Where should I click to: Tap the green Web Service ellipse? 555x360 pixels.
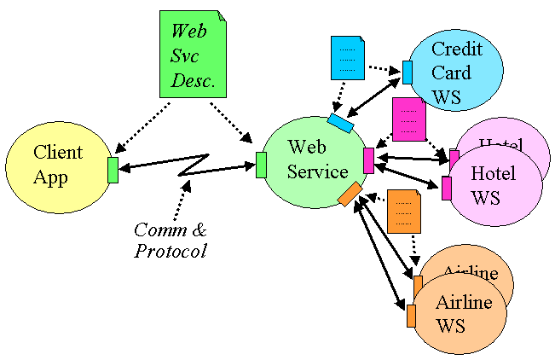coord(315,162)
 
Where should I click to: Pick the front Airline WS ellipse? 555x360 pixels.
coord(460,314)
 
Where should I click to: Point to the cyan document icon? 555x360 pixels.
coord(347,58)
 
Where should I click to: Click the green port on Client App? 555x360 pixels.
coord(113,170)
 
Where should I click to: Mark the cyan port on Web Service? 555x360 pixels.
coord(340,124)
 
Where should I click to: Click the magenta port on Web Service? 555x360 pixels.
coord(368,160)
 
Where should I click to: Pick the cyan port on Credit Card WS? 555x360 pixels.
coord(408,73)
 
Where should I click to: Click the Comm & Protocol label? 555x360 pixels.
coord(171,241)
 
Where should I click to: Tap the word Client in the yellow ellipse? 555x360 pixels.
coord(58,153)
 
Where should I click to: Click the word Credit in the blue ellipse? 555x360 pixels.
coord(456,49)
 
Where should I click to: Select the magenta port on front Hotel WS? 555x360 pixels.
coord(447,189)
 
